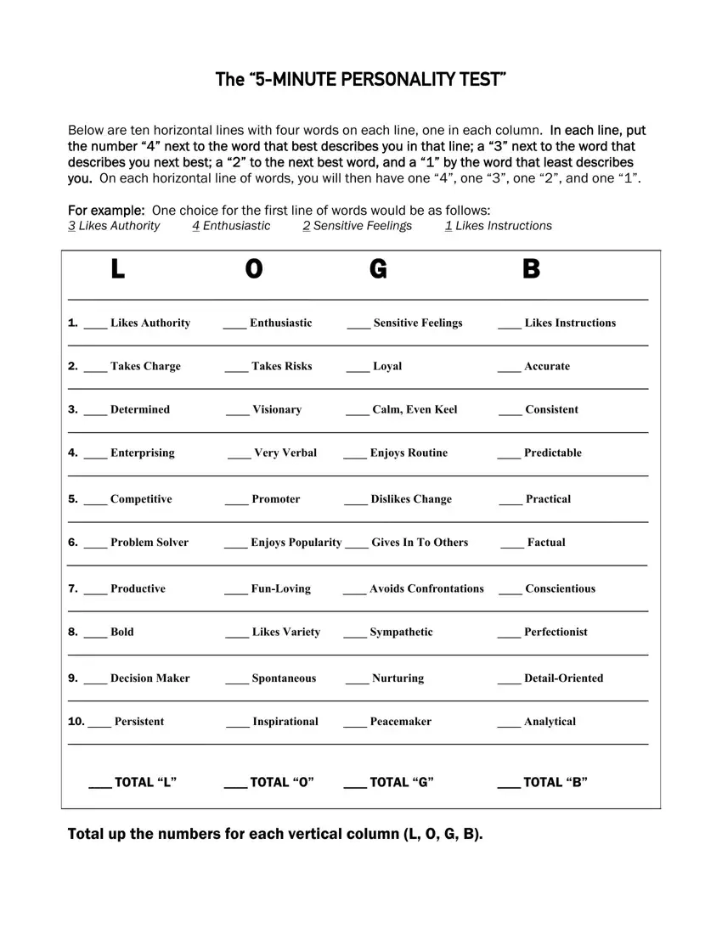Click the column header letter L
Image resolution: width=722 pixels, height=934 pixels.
coord(117,270)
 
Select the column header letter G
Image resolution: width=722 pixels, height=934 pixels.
coord(378,270)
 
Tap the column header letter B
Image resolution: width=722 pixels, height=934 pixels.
coord(531,270)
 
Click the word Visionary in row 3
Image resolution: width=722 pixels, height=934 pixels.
coord(277,409)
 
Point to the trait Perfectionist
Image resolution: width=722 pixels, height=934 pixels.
coord(556,632)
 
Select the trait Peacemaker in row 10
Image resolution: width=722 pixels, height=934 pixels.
coord(400,722)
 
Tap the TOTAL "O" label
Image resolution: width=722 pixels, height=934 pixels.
coord(282,782)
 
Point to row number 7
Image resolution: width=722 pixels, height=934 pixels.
coord(73,588)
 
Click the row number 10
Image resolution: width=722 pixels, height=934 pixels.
coord(76,722)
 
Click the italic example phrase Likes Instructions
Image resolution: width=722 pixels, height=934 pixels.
coord(503,226)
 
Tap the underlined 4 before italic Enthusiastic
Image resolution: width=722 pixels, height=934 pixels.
coord(196,226)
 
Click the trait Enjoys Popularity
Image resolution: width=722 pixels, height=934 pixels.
coord(296,542)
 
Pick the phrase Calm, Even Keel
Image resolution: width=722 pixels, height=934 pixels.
coord(415,409)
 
